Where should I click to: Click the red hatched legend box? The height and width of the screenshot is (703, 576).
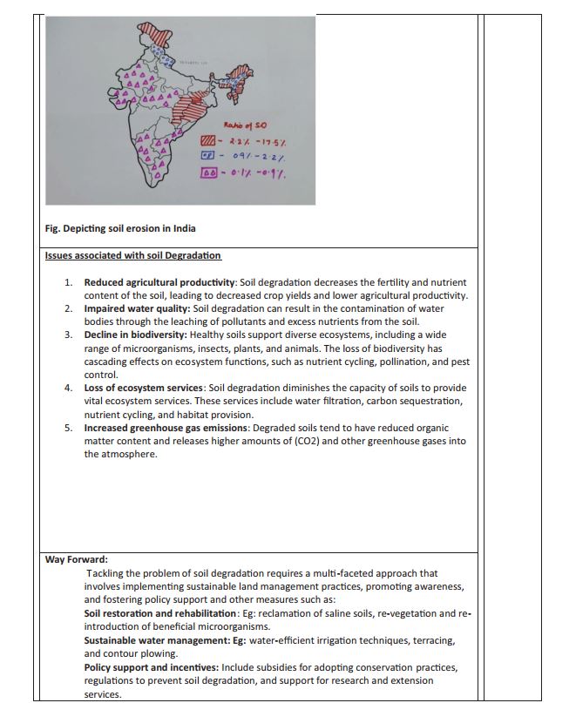(207, 141)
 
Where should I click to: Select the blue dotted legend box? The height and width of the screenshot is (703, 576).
(207, 157)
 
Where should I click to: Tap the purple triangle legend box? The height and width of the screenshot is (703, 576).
(208, 172)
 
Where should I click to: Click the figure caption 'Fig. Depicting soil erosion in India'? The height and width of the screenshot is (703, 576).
(120, 229)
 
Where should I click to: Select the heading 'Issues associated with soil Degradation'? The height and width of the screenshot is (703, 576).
(132, 255)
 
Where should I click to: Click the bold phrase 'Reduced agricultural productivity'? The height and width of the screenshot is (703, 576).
(159, 283)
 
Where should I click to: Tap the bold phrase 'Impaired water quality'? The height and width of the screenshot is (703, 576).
(137, 309)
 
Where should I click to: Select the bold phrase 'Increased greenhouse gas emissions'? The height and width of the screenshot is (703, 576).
(166, 429)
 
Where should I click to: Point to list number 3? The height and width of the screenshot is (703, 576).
(68, 335)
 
